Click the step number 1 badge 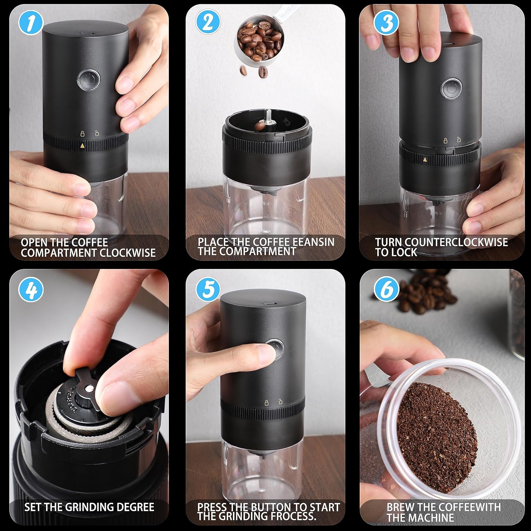coord(32,23)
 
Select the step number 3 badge coord(386,22)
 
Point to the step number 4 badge coord(32,290)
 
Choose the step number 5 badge coord(208,289)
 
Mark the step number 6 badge coord(386,289)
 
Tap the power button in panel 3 coord(451,87)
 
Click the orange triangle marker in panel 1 coord(82,145)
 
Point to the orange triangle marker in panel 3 coord(425,160)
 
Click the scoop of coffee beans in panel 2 coord(260,41)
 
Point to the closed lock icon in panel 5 coord(266,402)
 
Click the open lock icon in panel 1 coord(97,133)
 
